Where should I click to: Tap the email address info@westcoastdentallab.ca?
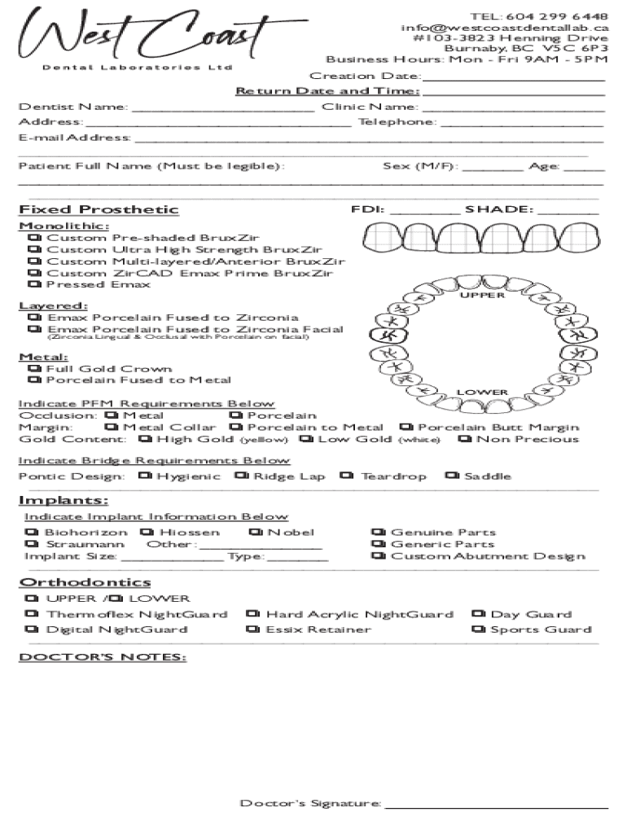[504, 27]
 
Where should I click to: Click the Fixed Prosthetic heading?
[99, 209]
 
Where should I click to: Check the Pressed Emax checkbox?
[34, 284]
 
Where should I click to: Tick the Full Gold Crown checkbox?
[34, 369]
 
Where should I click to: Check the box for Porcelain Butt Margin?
[406, 427]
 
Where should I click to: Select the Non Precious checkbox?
[465, 439]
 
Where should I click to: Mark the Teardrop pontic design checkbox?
[348, 476]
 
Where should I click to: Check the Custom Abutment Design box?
[379, 556]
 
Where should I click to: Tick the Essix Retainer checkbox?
[254, 629]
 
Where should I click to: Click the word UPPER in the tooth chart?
[482, 295]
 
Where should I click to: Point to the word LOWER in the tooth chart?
[482, 393]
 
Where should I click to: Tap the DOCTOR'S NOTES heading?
[103, 656]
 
